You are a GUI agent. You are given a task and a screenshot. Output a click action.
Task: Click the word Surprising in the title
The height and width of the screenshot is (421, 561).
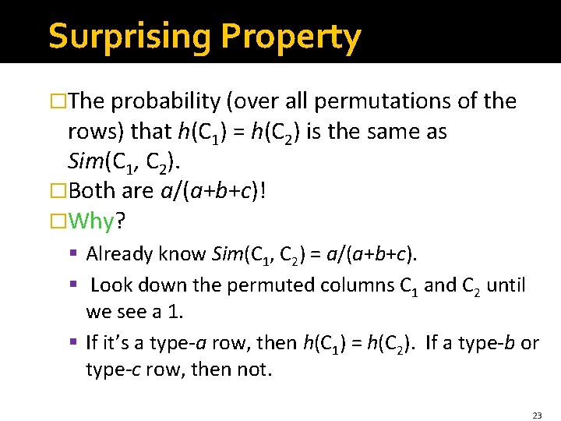pyautogui.click(x=130, y=37)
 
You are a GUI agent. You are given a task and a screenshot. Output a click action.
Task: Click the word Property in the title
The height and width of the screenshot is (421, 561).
pyautogui.click(x=291, y=37)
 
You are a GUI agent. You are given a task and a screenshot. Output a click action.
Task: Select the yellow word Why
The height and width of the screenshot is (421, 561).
pyautogui.click(x=91, y=221)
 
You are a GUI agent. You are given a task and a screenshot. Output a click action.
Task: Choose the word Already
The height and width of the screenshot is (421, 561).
pyautogui.click(x=119, y=253)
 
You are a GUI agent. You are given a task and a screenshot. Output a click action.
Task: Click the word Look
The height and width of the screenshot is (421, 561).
pyautogui.click(x=111, y=285)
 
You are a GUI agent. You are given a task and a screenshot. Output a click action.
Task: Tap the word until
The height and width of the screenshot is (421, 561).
pyautogui.click(x=504, y=285)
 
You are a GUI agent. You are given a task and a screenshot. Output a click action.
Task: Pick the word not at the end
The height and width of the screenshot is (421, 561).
pyautogui.click(x=253, y=368)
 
